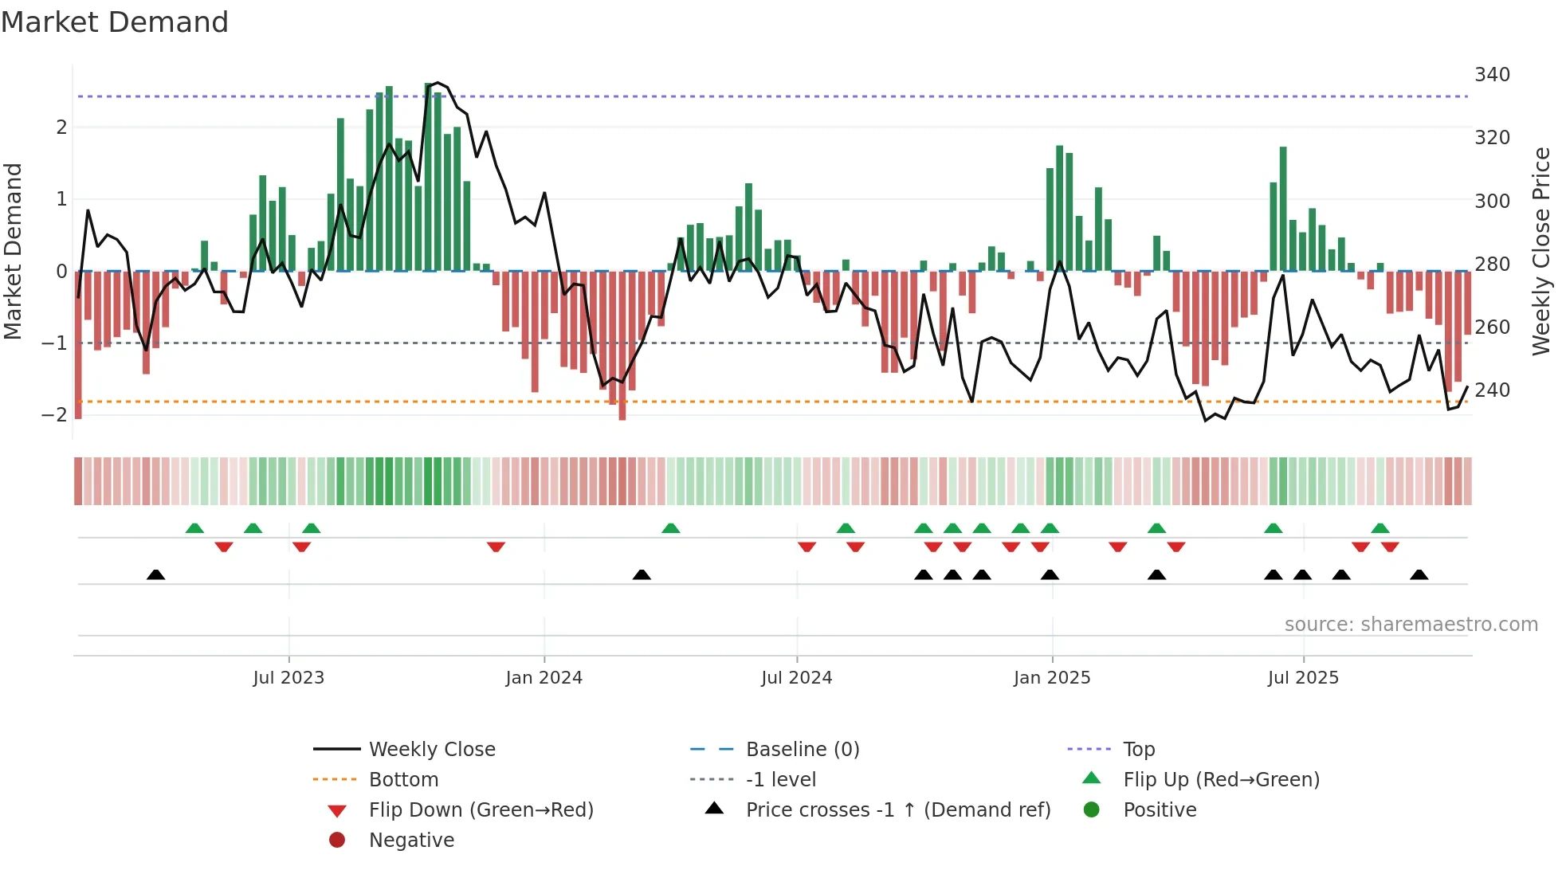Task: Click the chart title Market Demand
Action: click(115, 22)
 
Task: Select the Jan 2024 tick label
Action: click(544, 678)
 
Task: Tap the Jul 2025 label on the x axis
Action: click(1303, 678)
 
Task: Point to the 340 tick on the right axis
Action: click(1492, 75)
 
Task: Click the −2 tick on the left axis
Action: click(54, 414)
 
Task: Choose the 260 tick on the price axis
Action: click(1492, 327)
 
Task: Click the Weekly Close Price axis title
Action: click(1541, 251)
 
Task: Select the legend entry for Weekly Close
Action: click(431, 750)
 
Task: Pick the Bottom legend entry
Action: click(403, 780)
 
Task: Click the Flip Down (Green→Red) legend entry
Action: click(481, 810)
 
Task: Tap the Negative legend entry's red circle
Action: click(337, 841)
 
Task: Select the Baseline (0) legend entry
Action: click(802, 750)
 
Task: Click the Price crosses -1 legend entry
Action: click(897, 810)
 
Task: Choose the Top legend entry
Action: click(1138, 750)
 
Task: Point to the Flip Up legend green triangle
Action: click(1092, 778)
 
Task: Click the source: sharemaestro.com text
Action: click(1411, 625)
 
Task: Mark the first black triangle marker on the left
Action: click(156, 574)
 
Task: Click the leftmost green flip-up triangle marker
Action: click(194, 528)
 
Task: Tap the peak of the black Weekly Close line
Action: click(437, 82)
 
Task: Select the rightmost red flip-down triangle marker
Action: click(1390, 547)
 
